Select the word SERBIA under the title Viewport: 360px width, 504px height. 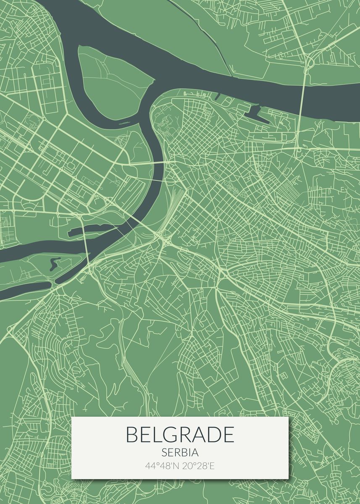[180, 453]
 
